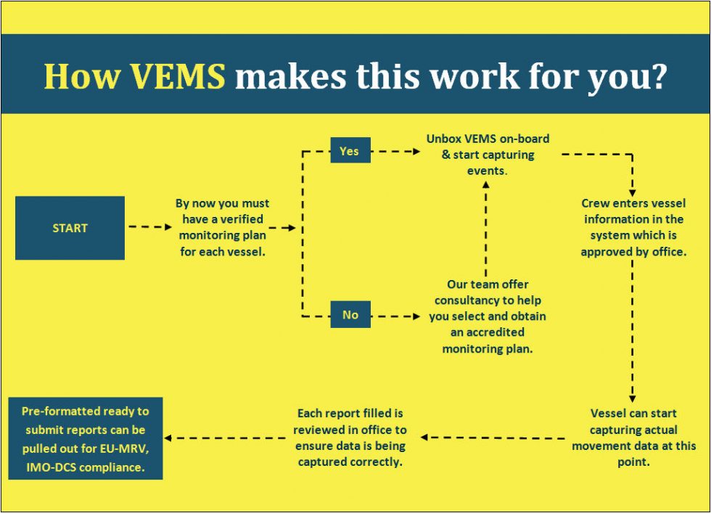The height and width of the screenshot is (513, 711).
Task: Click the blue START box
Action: point(70,228)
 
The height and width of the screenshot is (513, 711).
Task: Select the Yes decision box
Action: point(349,152)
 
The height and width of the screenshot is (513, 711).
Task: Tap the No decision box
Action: point(350,315)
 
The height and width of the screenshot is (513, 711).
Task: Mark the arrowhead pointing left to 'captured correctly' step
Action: point(425,437)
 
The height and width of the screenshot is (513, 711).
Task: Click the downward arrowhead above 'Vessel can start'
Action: point(633,398)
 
